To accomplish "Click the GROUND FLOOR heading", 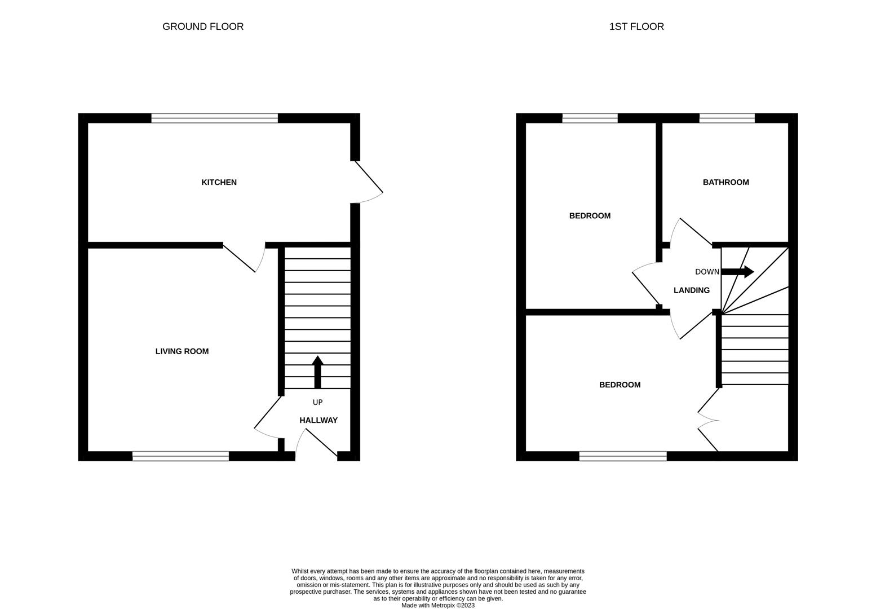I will [x=203, y=27].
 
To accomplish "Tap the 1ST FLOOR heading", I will [x=636, y=27].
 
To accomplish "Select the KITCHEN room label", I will [x=219, y=182].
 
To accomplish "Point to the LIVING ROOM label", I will [x=182, y=351].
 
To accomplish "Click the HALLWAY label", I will [x=318, y=420].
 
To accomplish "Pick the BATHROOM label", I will [x=725, y=182].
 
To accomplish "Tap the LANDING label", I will [x=691, y=290].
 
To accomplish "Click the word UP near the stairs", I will [x=317, y=402].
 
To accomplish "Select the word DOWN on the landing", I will [x=707, y=272].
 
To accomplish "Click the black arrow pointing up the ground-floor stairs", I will [x=317, y=372].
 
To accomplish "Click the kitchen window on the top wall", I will [x=214, y=118].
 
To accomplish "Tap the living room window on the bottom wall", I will [x=180, y=456].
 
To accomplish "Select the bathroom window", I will [x=727, y=118].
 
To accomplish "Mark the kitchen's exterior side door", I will [x=368, y=179].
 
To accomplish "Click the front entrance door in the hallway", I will [x=318, y=443].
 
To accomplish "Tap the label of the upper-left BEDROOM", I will [x=590, y=216].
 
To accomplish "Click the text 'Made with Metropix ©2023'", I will [x=437, y=605].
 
